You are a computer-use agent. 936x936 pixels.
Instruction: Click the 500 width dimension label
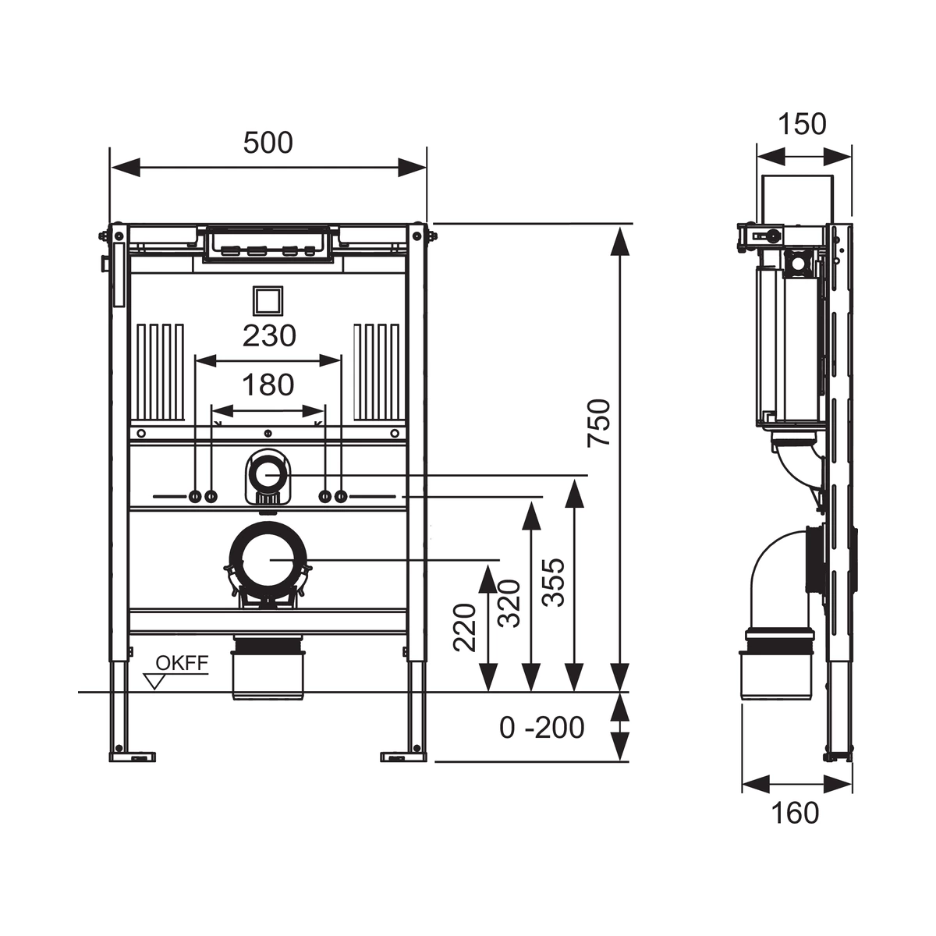(x=268, y=143)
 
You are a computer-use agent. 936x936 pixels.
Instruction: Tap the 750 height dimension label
(x=598, y=423)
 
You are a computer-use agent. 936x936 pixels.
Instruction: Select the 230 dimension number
(x=269, y=335)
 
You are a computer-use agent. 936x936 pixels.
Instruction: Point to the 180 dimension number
(x=268, y=385)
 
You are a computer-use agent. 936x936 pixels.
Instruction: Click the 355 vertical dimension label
(x=554, y=582)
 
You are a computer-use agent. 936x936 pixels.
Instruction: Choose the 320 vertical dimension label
(x=509, y=603)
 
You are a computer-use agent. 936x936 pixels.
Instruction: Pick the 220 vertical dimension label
(x=464, y=627)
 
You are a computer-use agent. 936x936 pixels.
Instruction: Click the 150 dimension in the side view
(x=803, y=124)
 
